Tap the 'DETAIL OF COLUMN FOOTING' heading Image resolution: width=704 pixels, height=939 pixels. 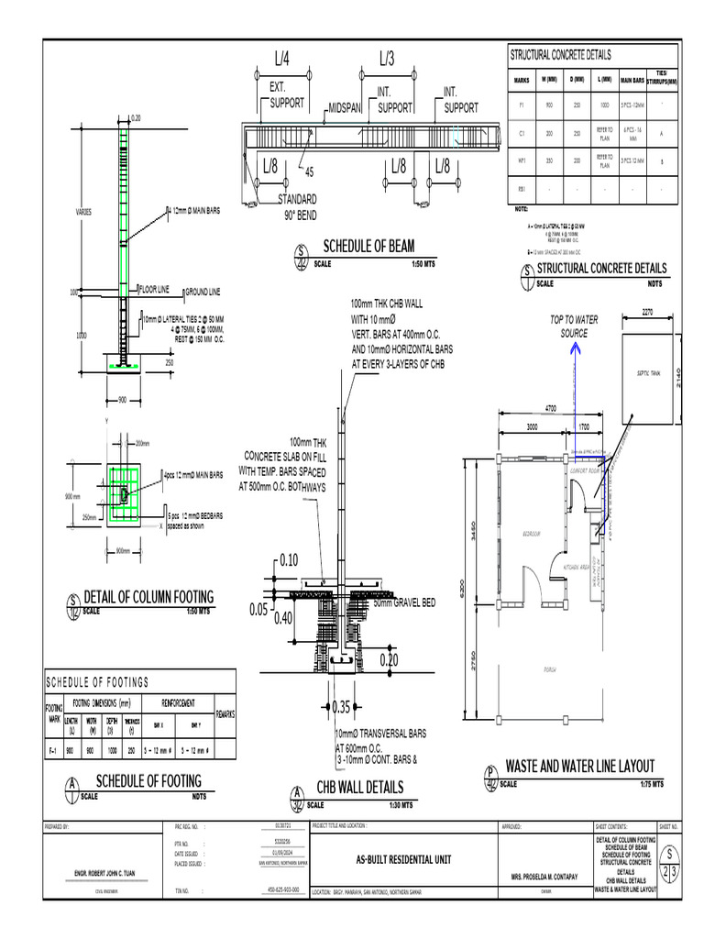click(148, 598)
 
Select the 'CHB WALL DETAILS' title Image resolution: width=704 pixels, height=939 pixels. click(359, 787)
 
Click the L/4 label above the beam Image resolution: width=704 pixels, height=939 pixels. click(281, 61)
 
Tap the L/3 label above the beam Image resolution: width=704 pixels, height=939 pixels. click(387, 61)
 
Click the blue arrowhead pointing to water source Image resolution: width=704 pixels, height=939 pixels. click(577, 348)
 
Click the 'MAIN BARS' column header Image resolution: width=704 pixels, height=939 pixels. click(633, 79)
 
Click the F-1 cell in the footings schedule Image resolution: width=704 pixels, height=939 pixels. click(53, 749)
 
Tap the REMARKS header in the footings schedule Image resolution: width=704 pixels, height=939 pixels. click(226, 713)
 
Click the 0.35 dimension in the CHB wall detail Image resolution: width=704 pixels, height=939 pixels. click(340, 707)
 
